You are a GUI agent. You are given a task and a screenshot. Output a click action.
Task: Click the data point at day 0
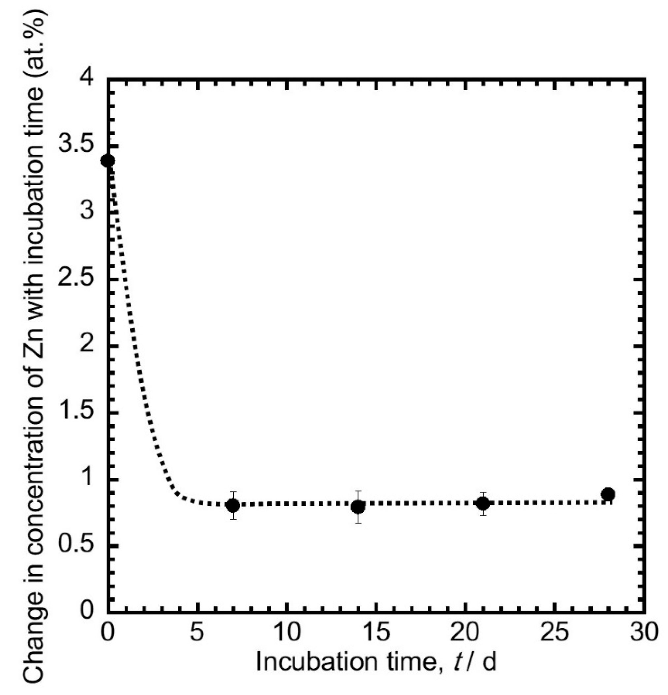[x=108, y=161]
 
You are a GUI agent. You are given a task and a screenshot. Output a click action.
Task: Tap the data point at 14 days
[x=358, y=507]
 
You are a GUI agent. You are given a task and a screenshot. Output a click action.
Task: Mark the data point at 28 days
[x=608, y=494]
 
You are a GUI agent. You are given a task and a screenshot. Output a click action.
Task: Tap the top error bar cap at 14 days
[x=358, y=491]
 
